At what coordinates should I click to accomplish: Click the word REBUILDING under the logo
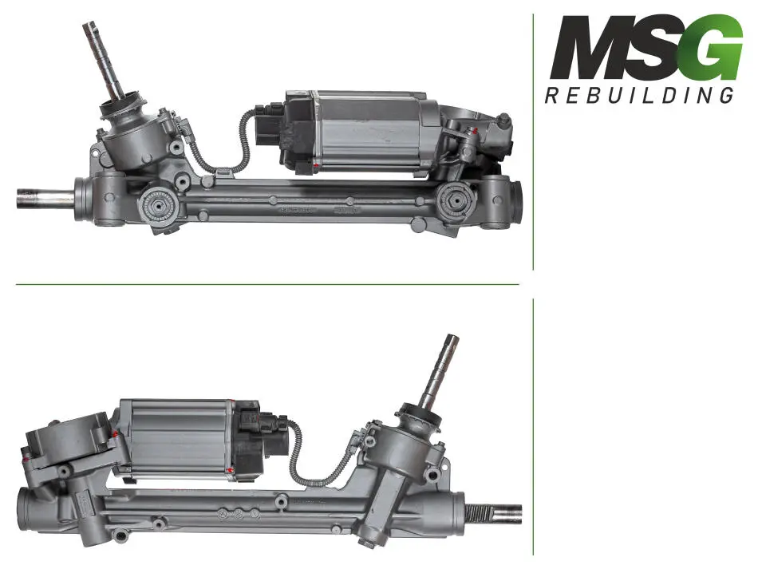point(639,95)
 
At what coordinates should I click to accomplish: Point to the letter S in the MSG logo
point(659,47)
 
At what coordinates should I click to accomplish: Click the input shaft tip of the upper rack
point(89,28)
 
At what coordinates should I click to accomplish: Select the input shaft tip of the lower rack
point(452,340)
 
